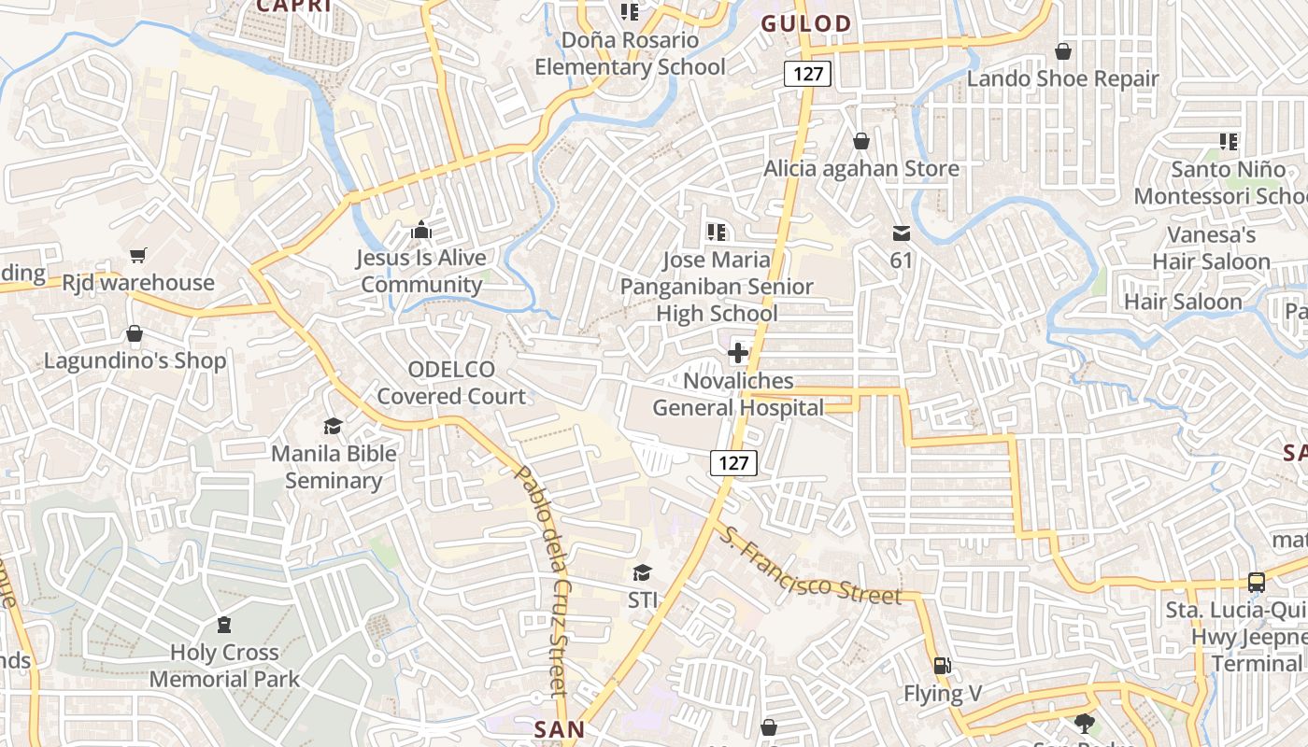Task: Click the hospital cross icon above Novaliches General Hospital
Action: pos(738,353)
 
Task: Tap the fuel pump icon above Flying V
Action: pos(943,666)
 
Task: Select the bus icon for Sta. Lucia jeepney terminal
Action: pos(1257,582)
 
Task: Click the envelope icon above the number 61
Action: pos(901,233)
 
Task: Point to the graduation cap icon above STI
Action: pos(642,571)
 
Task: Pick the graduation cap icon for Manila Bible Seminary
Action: pos(333,427)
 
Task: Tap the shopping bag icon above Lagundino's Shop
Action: pos(135,333)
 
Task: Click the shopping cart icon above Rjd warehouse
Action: pos(138,255)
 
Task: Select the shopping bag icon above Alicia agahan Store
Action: pos(860,141)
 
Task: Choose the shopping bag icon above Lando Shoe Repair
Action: pos(1062,50)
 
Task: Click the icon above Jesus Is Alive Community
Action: pos(421,230)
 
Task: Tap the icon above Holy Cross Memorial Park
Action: pos(224,624)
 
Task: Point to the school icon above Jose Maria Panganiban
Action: pos(717,232)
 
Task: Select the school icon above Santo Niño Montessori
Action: pos(1229,142)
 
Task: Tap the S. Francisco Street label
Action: pos(810,567)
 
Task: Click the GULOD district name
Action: pos(806,24)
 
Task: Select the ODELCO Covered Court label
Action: pos(451,383)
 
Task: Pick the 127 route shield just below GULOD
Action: pos(807,74)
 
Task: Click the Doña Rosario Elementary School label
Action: pos(630,53)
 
